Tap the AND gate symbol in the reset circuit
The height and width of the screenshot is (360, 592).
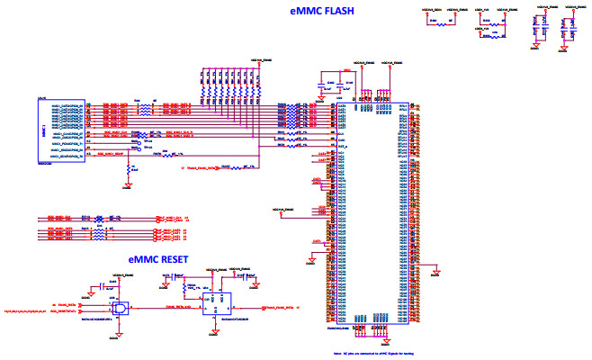121,305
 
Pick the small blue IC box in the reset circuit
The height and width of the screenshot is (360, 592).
213,304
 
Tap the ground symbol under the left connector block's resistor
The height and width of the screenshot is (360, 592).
128,186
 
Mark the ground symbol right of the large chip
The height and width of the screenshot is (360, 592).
436,269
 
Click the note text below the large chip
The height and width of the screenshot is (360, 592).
367,355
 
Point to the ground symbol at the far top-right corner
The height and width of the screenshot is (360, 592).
573,49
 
